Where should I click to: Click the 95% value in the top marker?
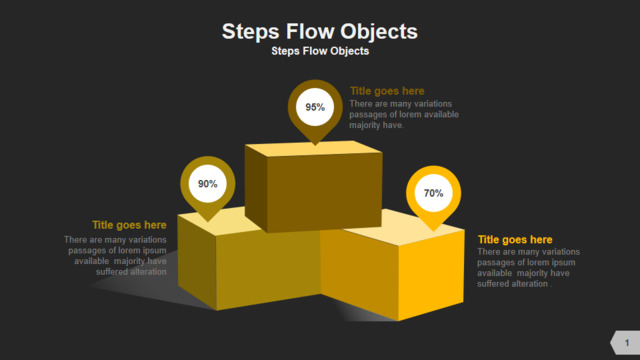click(315, 107)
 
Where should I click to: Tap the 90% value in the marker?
click(208, 184)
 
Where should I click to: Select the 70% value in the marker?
click(433, 193)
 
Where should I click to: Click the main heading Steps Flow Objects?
click(320, 31)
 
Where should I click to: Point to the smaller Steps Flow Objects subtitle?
click(320, 51)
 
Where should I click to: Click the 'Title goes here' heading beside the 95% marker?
click(387, 91)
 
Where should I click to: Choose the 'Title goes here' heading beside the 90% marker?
click(129, 225)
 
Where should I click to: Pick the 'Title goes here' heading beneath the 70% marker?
click(515, 240)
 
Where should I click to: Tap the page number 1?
click(627, 343)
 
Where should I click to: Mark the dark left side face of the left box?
click(197, 262)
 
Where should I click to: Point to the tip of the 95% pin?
click(315, 144)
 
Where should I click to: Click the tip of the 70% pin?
click(433, 231)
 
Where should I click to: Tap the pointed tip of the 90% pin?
click(208, 221)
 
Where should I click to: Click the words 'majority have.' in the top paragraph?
click(376, 125)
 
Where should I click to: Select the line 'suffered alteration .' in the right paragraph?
click(514, 284)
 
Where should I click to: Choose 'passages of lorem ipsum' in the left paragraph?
click(118, 250)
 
